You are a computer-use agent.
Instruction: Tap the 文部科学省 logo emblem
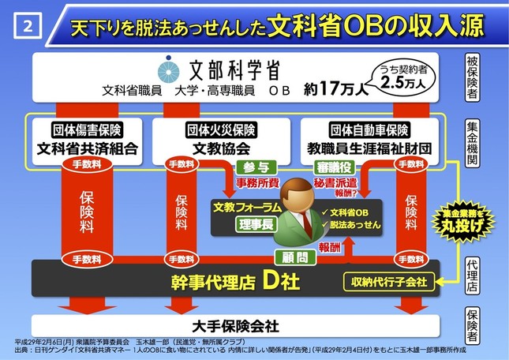tap(165, 67)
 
